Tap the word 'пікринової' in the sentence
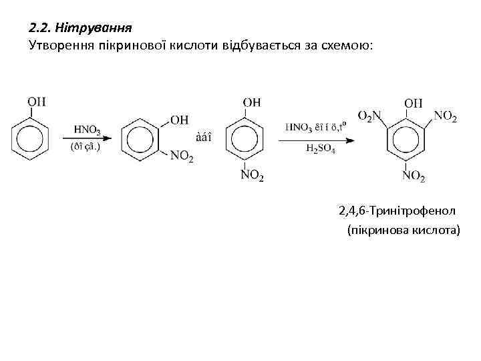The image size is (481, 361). click(x=163, y=45)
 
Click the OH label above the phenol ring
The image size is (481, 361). click(x=37, y=102)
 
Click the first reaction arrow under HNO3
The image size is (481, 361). click(x=87, y=138)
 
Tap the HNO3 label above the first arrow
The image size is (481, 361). click(x=88, y=129)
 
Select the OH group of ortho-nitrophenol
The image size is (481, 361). click(x=179, y=120)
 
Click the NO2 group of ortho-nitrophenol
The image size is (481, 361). click(x=182, y=156)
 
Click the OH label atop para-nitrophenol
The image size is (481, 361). click(x=251, y=102)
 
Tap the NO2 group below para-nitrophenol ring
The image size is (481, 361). click(x=252, y=176)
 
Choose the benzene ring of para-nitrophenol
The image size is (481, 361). click(x=248, y=139)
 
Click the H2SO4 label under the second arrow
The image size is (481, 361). click(x=321, y=149)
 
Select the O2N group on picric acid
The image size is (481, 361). click(x=369, y=116)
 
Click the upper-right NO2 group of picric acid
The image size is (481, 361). click(x=445, y=116)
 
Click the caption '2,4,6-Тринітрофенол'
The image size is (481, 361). click(x=397, y=211)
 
